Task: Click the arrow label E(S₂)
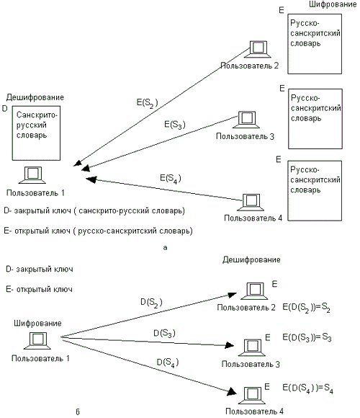pos(148,103)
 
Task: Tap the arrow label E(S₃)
pos(175,125)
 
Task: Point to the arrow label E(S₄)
pos(171,178)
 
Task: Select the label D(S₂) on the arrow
pos(151,303)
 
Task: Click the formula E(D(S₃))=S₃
pos(307,337)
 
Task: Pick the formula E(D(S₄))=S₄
pos(307,388)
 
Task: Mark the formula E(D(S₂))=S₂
pos(306,308)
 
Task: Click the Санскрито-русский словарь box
pos(36,133)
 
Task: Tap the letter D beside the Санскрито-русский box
pos(4,109)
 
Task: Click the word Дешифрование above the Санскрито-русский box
pos(35,97)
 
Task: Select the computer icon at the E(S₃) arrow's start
pos(246,120)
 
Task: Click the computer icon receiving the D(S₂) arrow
pos(254,291)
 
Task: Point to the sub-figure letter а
pos(165,248)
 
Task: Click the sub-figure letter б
pos(78,412)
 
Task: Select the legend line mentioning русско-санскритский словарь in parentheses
pos(98,231)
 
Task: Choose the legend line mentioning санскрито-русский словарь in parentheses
pos(94,211)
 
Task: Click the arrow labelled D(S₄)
pos(148,366)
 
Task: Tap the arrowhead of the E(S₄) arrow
pos(91,179)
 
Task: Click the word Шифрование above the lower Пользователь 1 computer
pos(37,324)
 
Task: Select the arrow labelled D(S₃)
pos(148,342)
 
